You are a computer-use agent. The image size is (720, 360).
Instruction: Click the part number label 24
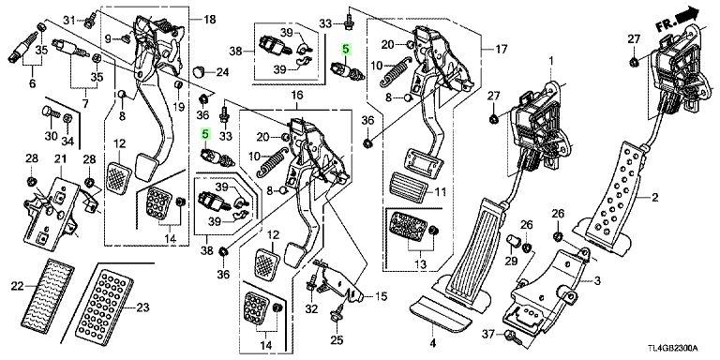(x=223, y=72)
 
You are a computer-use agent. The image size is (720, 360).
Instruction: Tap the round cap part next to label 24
(x=199, y=71)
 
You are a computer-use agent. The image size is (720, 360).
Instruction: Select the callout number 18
(x=209, y=20)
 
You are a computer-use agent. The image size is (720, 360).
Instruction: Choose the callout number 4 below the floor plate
(x=433, y=343)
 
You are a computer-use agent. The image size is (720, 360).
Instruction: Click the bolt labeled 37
(x=511, y=337)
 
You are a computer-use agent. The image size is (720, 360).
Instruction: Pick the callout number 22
(x=18, y=286)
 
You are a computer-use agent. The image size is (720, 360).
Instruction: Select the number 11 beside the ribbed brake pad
(x=441, y=192)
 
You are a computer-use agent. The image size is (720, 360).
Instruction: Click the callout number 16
(x=297, y=96)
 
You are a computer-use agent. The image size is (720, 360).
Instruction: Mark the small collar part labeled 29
(x=512, y=240)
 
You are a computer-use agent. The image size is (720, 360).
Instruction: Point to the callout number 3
(x=597, y=279)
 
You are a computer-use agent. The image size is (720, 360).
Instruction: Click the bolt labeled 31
(x=89, y=20)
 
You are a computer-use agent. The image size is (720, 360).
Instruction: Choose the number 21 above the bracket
(x=61, y=159)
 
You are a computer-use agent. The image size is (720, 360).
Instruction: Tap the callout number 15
(x=382, y=296)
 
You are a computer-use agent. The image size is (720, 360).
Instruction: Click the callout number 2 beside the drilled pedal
(x=654, y=198)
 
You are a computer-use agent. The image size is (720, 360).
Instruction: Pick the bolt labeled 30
(x=50, y=112)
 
